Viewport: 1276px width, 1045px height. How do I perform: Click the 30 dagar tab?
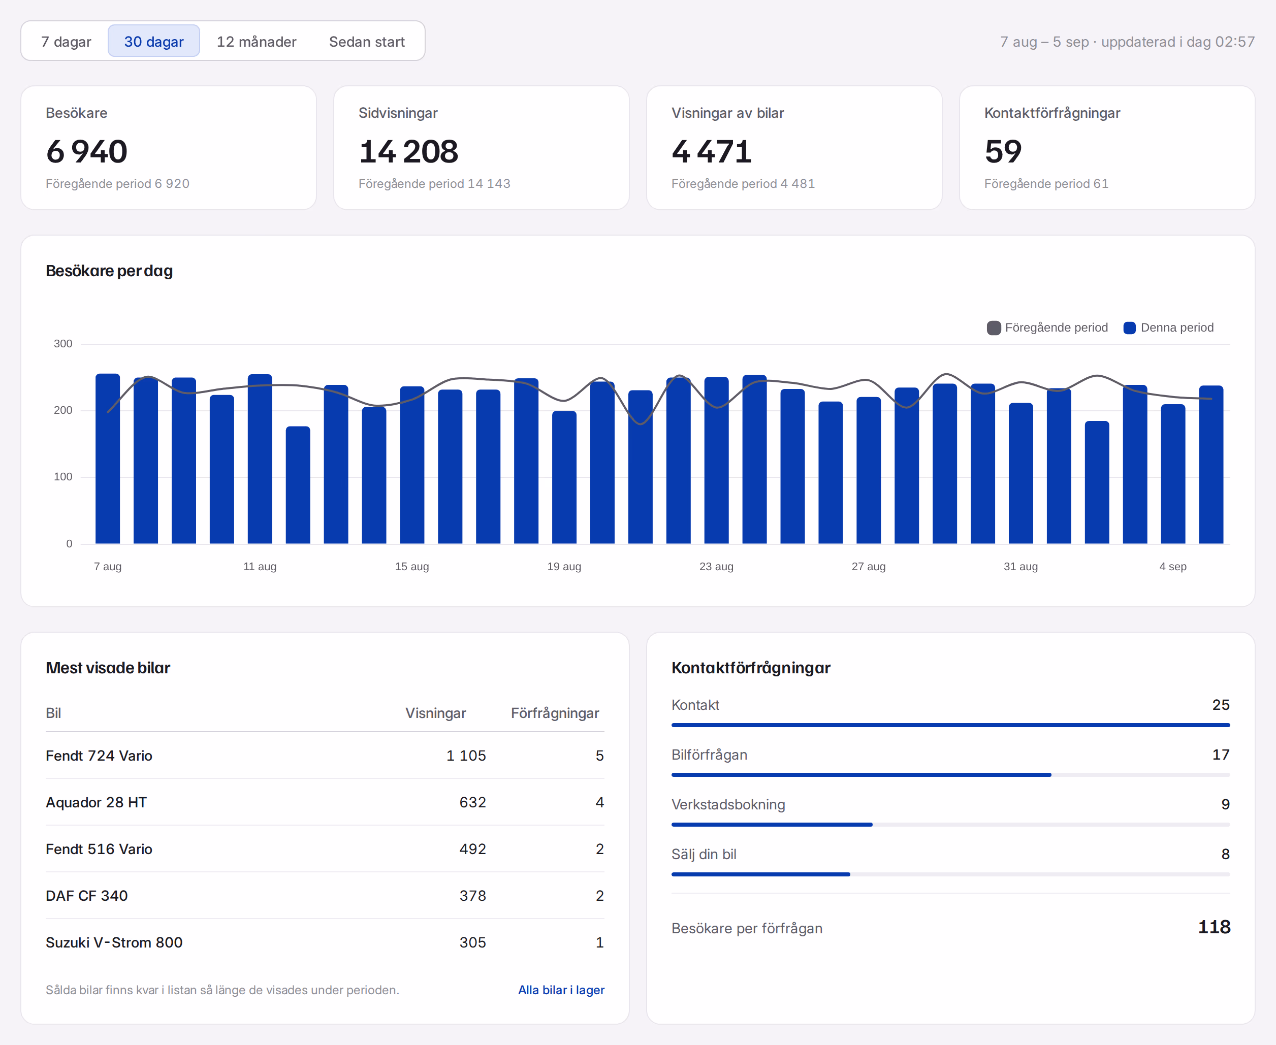point(153,41)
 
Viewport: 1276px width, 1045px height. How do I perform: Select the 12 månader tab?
point(257,41)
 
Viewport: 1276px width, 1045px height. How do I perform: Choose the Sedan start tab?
point(367,41)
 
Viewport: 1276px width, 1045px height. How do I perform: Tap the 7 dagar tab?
point(66,41)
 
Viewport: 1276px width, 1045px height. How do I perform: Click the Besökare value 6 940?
point(87,151)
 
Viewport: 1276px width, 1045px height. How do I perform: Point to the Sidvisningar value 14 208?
point(408,151)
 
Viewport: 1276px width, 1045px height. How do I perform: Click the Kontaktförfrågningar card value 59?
point(1003,151)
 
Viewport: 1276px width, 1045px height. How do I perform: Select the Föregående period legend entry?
point(1047,328)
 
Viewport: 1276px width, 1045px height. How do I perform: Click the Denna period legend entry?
point(1168,328)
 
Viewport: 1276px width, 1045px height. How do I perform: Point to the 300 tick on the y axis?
point(62,344)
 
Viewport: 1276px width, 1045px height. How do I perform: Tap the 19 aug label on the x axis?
point(564,567)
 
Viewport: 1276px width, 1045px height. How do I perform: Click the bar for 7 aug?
point(108,459)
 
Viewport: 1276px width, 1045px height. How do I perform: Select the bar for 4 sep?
point(1173,474)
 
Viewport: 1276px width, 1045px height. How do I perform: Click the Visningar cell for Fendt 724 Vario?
point(466,756)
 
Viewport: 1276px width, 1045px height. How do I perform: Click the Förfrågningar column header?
point(555,713)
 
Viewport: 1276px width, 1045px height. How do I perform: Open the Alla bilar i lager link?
point(561,990)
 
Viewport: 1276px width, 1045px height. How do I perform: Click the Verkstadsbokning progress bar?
point(951,825)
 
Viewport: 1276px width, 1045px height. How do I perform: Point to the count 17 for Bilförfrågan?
point(1221,755)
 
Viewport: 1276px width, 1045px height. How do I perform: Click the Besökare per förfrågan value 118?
point(1214,927)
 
